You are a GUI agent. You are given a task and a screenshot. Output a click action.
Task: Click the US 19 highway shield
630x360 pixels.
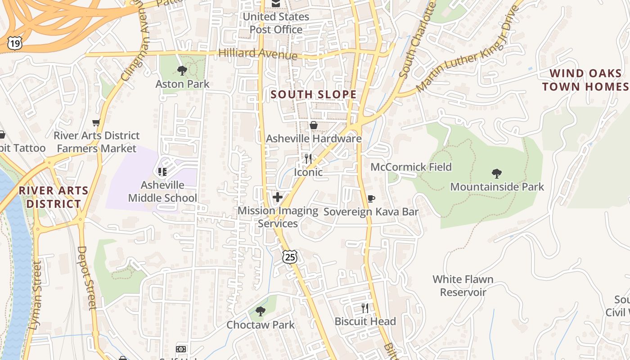14,43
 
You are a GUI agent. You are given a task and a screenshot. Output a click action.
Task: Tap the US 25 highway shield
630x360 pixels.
290,257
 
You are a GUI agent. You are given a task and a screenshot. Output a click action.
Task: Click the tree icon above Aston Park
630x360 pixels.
182,70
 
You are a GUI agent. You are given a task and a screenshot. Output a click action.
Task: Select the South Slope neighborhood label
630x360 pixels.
314,94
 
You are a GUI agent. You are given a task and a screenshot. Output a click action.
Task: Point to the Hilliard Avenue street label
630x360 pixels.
258,54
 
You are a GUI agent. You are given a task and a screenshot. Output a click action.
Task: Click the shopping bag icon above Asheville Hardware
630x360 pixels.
314,125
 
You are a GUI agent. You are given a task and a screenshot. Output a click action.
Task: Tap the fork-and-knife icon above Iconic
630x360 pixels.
308,158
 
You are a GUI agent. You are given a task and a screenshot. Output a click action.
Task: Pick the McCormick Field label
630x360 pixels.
411,167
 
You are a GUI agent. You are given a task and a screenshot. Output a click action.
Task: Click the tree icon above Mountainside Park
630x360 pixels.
497,173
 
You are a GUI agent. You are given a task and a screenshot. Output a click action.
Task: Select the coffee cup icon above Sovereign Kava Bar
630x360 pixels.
371,198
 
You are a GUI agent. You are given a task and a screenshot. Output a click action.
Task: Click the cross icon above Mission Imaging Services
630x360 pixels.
278,197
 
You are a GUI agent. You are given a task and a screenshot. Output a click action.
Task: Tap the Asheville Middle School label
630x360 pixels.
162,191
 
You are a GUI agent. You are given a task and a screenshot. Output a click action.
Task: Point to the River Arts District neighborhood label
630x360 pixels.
54,197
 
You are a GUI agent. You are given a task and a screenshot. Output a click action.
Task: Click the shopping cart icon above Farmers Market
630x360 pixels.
96,122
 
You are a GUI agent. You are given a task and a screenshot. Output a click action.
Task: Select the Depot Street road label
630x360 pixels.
87,277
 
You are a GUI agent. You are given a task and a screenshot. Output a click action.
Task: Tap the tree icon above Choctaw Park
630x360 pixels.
260,311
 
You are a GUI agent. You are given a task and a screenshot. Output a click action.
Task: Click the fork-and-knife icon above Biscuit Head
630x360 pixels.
365,308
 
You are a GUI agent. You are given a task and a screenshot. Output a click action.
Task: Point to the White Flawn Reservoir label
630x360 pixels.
463,286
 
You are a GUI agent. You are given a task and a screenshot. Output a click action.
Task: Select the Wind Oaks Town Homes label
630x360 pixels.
585,80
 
